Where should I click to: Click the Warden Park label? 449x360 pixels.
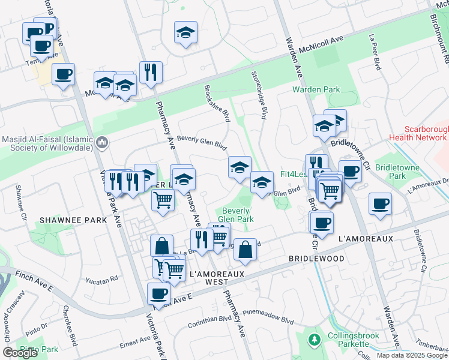316,90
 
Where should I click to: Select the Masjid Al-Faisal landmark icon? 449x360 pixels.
102,143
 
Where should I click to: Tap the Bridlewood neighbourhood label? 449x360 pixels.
316,259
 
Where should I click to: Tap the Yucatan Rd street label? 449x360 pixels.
101,280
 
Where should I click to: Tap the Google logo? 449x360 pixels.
20,353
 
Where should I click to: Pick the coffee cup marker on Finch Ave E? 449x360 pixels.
158,293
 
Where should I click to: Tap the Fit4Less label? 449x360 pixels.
293,175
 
